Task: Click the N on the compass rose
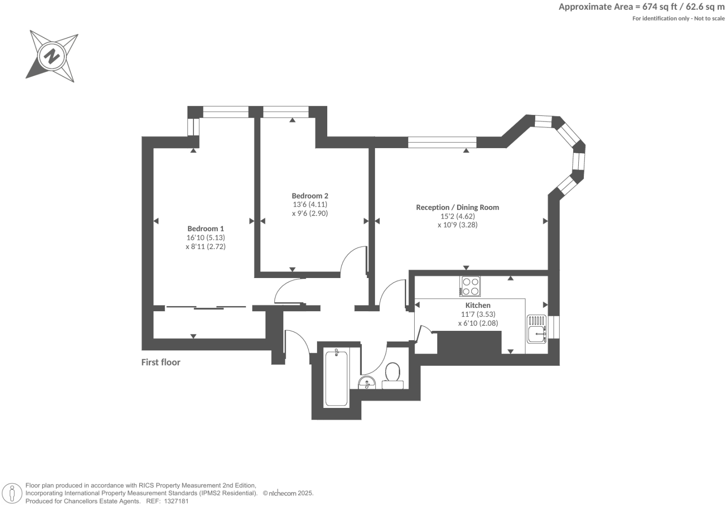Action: [x=51, y=57]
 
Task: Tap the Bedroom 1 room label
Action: [x=206, y=229]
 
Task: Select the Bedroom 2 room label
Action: [x=310, y=196]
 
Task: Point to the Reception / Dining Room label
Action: [x=457, y=207]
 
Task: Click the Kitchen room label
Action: [x=478, y=305]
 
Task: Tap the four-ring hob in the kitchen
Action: [x=470, y=286]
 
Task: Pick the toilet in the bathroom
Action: [x=393, y=376]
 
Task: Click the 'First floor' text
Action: [x=161, y=362]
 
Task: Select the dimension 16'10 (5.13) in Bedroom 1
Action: [x=206, y=237]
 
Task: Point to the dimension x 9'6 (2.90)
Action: [x=310, y=213]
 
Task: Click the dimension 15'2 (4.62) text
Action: [x=457, y=216]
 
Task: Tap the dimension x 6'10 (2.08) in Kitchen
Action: [x=478, y=323]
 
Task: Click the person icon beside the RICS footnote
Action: [x=13, y=493]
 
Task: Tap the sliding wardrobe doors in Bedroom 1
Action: [x=206, y=307]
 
